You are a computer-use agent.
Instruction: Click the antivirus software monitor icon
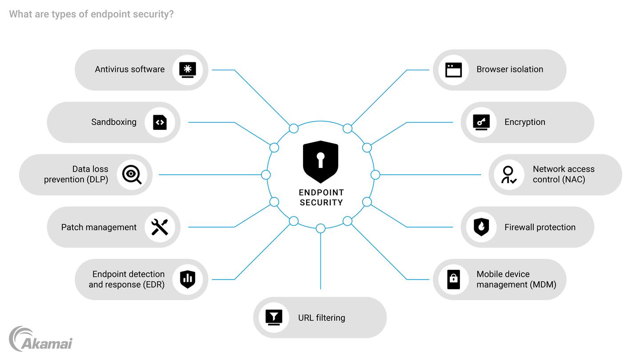[188, 70]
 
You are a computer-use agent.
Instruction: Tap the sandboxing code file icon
[160, 122]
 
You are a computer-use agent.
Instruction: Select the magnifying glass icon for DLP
[132, 175]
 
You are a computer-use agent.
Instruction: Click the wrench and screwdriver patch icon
[160, 227]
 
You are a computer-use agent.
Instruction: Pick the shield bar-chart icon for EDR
[188, 279]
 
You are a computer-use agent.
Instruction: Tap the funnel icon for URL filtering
[274, 317]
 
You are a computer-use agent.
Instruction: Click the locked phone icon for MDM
[453, 279]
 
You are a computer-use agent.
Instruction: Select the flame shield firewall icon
[481, 227]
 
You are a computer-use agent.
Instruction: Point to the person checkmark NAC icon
[509, 175]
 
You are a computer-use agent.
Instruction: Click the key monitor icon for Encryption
[481, 122]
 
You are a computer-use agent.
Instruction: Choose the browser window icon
[453, 70]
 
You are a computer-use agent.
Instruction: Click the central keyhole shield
[320, 161]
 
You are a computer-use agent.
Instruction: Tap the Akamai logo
[40, 340]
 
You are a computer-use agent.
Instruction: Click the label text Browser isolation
[510, 69]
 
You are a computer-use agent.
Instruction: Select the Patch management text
[99, 227]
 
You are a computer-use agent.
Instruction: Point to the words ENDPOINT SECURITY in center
[321, 197]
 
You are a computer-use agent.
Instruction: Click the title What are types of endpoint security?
[91, 14]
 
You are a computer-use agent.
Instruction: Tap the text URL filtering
[321, 318]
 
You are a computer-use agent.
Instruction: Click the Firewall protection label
[540, 227]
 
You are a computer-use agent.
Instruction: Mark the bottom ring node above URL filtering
[320, 228]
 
